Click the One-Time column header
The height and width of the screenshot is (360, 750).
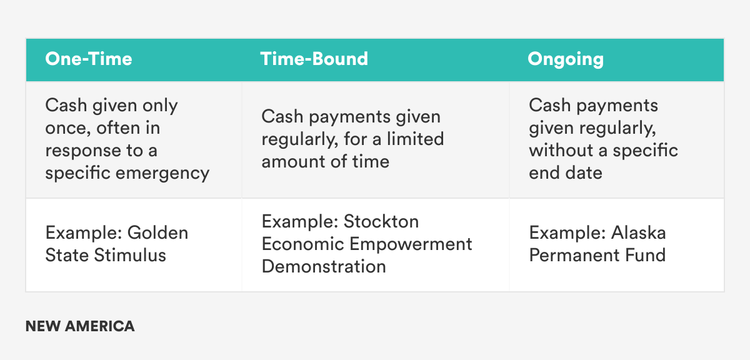[89, 59]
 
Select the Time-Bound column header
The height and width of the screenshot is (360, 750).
[314, 59]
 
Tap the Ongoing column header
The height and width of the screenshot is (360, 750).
[566, 59]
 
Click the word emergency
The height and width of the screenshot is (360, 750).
[163, 174]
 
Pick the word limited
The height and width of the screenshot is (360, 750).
[415, 139]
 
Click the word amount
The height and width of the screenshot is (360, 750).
[292, 162]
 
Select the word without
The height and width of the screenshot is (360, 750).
[561, 150]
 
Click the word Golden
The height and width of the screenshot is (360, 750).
[157, 232]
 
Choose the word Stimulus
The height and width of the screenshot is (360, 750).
[130, 255]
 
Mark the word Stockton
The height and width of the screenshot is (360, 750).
[381, 221]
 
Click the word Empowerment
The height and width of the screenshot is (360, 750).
[411, 244]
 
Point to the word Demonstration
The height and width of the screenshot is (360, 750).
[324, 266]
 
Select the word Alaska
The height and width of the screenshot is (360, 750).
[638, 232]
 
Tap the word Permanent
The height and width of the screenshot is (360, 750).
[570, 255]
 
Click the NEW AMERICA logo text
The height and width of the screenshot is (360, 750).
[80, 326]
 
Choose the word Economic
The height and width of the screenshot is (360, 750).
[303, 244]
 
